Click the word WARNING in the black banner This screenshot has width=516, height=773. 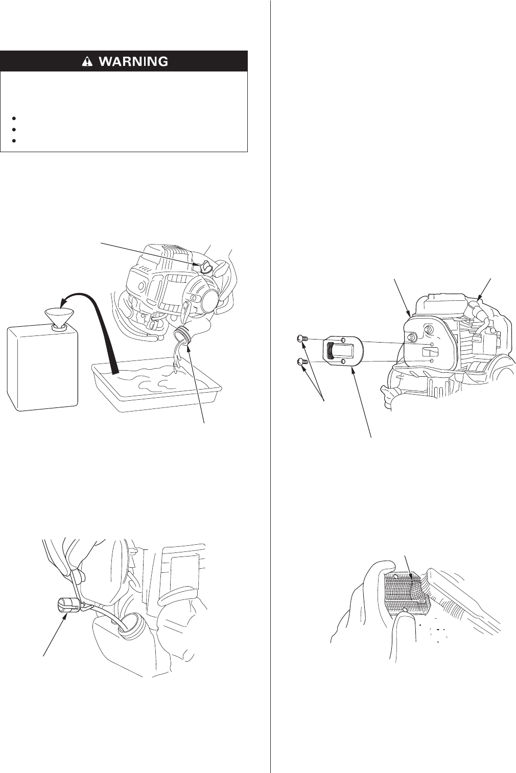click(x=134, y=61)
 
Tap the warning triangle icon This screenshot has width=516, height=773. click(x=88, y=61)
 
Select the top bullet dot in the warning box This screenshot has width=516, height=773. click(x=14, y=118)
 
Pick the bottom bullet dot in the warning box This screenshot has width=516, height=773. click(x=14, y=141)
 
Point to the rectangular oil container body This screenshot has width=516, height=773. click(x=42, y=369)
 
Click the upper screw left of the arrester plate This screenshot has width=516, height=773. click(x=301, y=339)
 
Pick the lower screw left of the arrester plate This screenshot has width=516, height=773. click(x=301, y=361)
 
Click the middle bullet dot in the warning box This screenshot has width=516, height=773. click(x=14, y=129)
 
